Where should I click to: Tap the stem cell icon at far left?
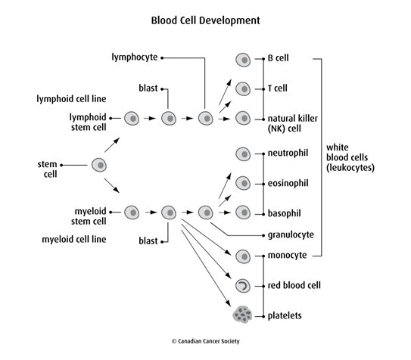tap(98, 164)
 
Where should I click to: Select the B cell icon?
tap(243, 57)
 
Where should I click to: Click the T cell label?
tap(279, 88)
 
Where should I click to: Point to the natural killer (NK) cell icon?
tap(243, 118)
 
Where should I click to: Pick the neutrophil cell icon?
tap(243, 154)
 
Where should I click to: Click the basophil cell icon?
tap(243, 213)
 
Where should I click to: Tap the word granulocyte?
tap(291, 234)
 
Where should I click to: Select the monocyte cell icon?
tap(243, 256)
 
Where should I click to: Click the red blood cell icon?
tap(243, 285)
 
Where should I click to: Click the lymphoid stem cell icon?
tap(132, 118)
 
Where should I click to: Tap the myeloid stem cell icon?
tap(132, 213)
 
